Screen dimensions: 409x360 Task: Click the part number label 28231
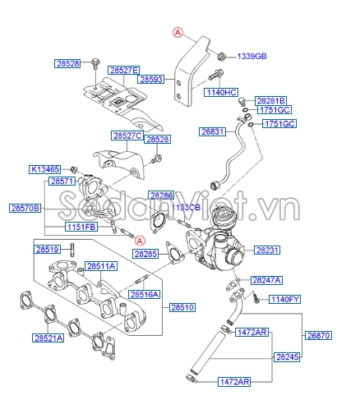click(268, 250)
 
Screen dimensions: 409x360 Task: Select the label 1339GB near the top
click(253, 56)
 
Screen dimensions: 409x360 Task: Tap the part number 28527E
click(125, 71)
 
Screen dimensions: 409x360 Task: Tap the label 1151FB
click(81, 226)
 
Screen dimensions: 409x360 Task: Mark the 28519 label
click(47, 249)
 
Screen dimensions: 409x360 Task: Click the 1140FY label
click(286, 299)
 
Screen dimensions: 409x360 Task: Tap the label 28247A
click(267, 279)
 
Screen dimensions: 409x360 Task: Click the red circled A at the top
click(177, 31)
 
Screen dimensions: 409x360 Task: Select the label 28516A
click(144, 294)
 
